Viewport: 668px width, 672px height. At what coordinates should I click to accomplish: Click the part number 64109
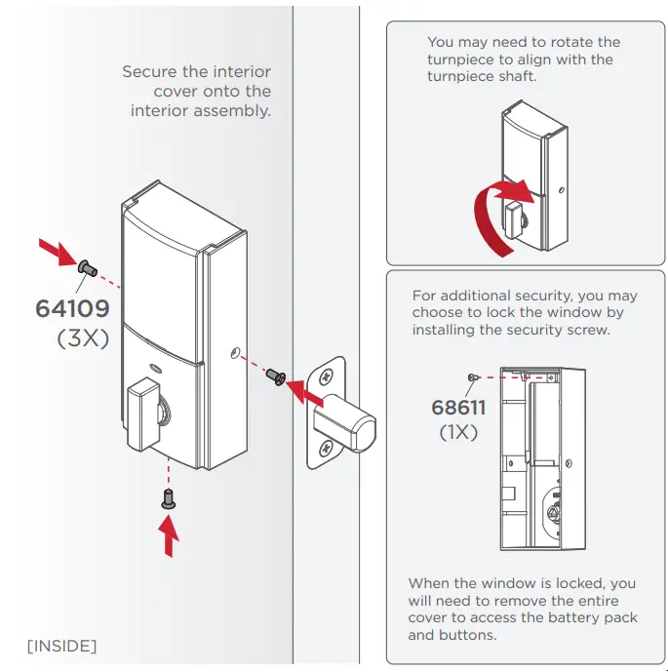point(72,308)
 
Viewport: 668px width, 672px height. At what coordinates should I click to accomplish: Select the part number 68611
point(458,407)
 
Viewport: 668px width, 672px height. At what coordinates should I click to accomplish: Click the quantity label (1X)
point(458,432)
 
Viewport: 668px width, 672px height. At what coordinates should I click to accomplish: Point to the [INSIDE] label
point(61,646)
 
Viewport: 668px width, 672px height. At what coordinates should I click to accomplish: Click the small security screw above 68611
point(472,376)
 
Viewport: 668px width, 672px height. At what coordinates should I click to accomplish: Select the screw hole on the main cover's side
point(235,354)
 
